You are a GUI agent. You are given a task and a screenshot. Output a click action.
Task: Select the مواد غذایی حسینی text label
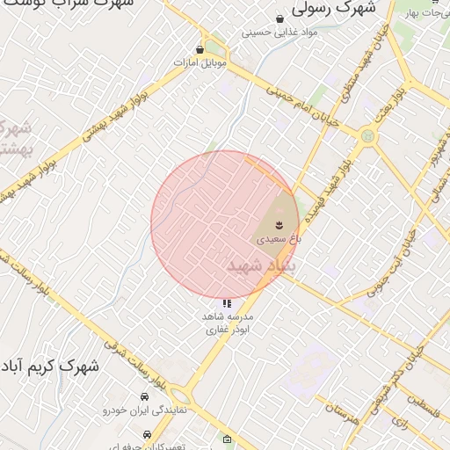tap(279, 33)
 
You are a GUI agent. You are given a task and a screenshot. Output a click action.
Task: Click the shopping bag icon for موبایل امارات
tap(200, 49)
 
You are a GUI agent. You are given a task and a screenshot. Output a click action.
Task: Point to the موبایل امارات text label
tap(200, 63)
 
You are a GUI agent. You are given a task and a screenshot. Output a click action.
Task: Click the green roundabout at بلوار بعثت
tap(367, 135)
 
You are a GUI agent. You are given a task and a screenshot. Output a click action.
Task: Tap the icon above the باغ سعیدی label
tap(279, 225)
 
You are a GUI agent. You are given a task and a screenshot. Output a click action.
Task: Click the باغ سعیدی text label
tap(279, 238)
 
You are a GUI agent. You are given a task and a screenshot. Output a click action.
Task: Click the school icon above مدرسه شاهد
tap(228, 303)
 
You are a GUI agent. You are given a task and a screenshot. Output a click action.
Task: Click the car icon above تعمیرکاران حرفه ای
tap(146, 434)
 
